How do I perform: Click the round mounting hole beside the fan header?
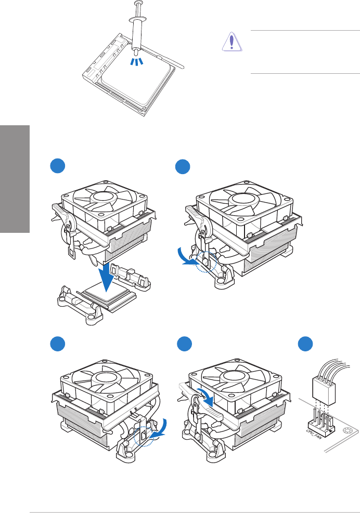[x=348, y=430]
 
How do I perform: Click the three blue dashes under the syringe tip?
[x=136, y=62]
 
